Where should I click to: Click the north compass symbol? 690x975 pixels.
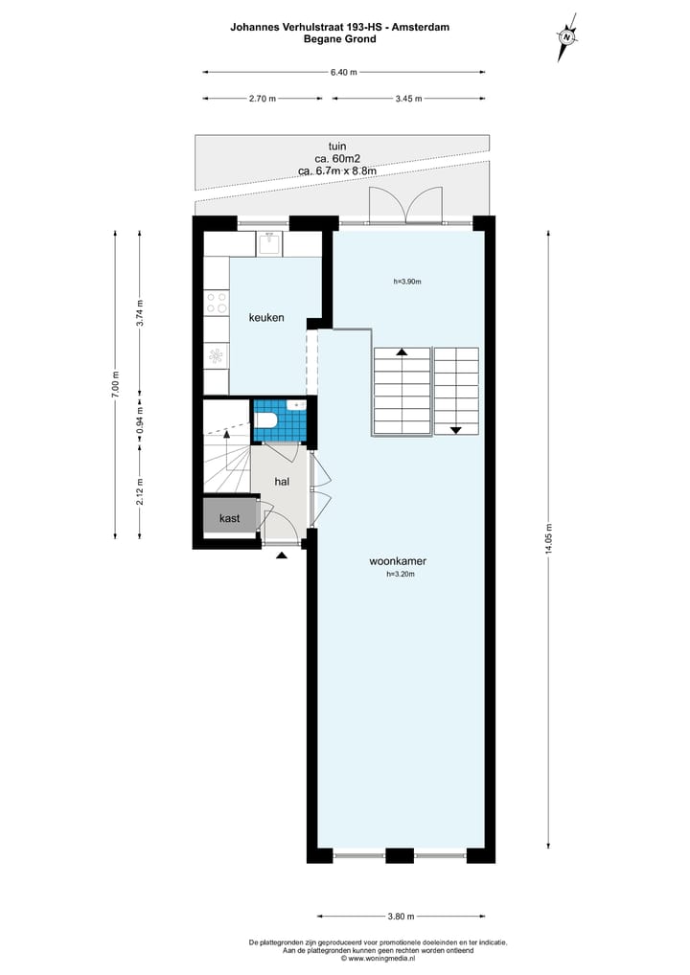(x=567, y=37)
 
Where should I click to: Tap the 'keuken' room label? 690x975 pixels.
(x=266, y=317)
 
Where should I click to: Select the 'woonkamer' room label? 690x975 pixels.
(x=398, y=560)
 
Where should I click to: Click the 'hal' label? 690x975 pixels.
(x=282, y=482)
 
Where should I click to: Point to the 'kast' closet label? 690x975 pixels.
(x=229, y=518)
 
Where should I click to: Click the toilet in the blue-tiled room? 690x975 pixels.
(x=267, y=421)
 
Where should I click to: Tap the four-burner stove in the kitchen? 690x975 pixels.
(x=217, y=304)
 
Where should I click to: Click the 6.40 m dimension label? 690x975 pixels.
(x=343, y=72)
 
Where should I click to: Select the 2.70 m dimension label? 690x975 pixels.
(x=262, y=98)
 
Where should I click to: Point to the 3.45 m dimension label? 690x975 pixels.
(x=409, y=98)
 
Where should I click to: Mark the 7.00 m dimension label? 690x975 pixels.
(x=115, y=382)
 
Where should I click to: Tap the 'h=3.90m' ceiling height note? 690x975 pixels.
(x=407, y=282)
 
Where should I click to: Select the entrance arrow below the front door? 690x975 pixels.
(x=281, y=555)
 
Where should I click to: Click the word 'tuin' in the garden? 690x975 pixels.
(x=336, y=146)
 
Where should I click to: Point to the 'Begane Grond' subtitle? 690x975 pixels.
(x=339, y=39)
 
